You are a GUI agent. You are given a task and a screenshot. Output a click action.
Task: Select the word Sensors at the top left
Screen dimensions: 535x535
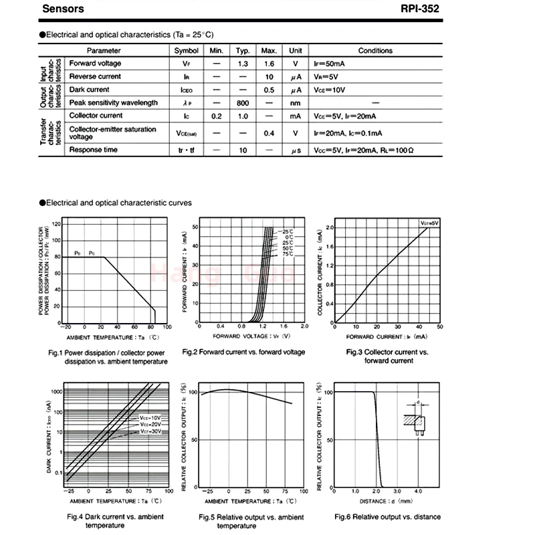point(64,9)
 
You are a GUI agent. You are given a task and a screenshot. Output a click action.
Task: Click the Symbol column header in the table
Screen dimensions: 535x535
point(187,51)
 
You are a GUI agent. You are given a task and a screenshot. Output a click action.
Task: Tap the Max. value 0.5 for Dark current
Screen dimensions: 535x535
point(270,90)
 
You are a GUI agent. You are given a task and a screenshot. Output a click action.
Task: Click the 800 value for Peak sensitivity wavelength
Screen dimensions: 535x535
point(243,103)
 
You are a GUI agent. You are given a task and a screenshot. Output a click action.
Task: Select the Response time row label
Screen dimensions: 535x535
point(94,150)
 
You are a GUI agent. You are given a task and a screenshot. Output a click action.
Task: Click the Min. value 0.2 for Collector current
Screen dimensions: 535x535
point(216,116)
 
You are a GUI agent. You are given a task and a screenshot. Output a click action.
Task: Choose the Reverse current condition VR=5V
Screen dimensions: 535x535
point(328,77)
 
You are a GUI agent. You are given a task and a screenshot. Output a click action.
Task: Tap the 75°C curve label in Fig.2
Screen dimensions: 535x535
point(288,254)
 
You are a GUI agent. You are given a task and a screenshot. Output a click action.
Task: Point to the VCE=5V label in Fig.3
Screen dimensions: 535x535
point(429,223)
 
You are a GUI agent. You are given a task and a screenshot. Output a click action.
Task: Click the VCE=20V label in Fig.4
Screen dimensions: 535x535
point(150,425)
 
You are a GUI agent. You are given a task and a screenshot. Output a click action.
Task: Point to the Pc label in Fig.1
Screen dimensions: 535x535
point(92,253)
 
